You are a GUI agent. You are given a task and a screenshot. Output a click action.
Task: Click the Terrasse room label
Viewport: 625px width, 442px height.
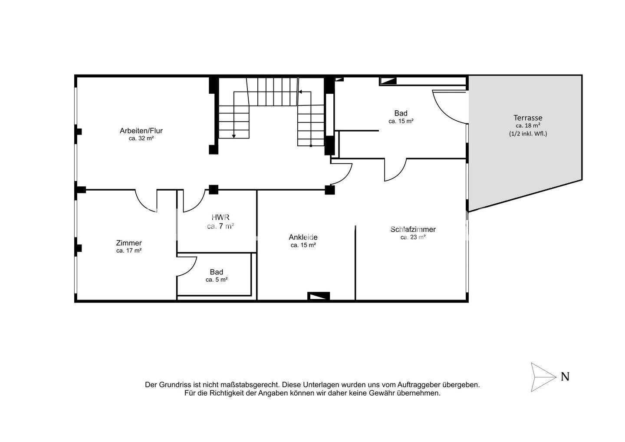coord(528,118)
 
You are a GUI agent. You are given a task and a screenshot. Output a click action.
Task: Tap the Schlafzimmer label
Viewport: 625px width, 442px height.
coord(413,229)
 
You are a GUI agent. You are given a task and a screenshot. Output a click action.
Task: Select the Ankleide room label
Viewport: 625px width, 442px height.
coord(303,237)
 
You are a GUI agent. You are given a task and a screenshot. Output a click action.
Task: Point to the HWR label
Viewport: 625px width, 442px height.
coord(220,217)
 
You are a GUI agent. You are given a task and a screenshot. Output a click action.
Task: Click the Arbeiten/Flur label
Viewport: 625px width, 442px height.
coord(141,131)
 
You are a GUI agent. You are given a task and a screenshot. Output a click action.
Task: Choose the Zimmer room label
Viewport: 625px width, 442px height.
coord(129,243)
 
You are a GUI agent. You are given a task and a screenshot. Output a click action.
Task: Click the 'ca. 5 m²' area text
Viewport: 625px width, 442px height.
coord(217,280)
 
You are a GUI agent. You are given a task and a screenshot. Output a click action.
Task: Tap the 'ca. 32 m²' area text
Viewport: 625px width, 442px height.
coord(141,139)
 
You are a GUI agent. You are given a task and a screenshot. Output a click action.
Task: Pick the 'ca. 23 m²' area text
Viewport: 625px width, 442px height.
coord(413,237)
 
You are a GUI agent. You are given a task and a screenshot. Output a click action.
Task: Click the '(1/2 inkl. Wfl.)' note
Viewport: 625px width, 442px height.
coord(528,134)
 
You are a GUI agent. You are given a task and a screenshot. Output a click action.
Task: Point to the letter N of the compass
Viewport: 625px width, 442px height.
coord(565,377)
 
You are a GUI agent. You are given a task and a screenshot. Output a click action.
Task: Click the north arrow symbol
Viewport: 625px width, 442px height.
coord(543,377)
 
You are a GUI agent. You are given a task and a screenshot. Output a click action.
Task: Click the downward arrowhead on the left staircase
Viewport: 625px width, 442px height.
coord(234,136)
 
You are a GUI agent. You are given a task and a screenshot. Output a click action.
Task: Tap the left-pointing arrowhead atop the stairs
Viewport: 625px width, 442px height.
coord(300,92)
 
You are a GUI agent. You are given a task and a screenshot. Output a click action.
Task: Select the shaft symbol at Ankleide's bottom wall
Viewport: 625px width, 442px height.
coord(319,296)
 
